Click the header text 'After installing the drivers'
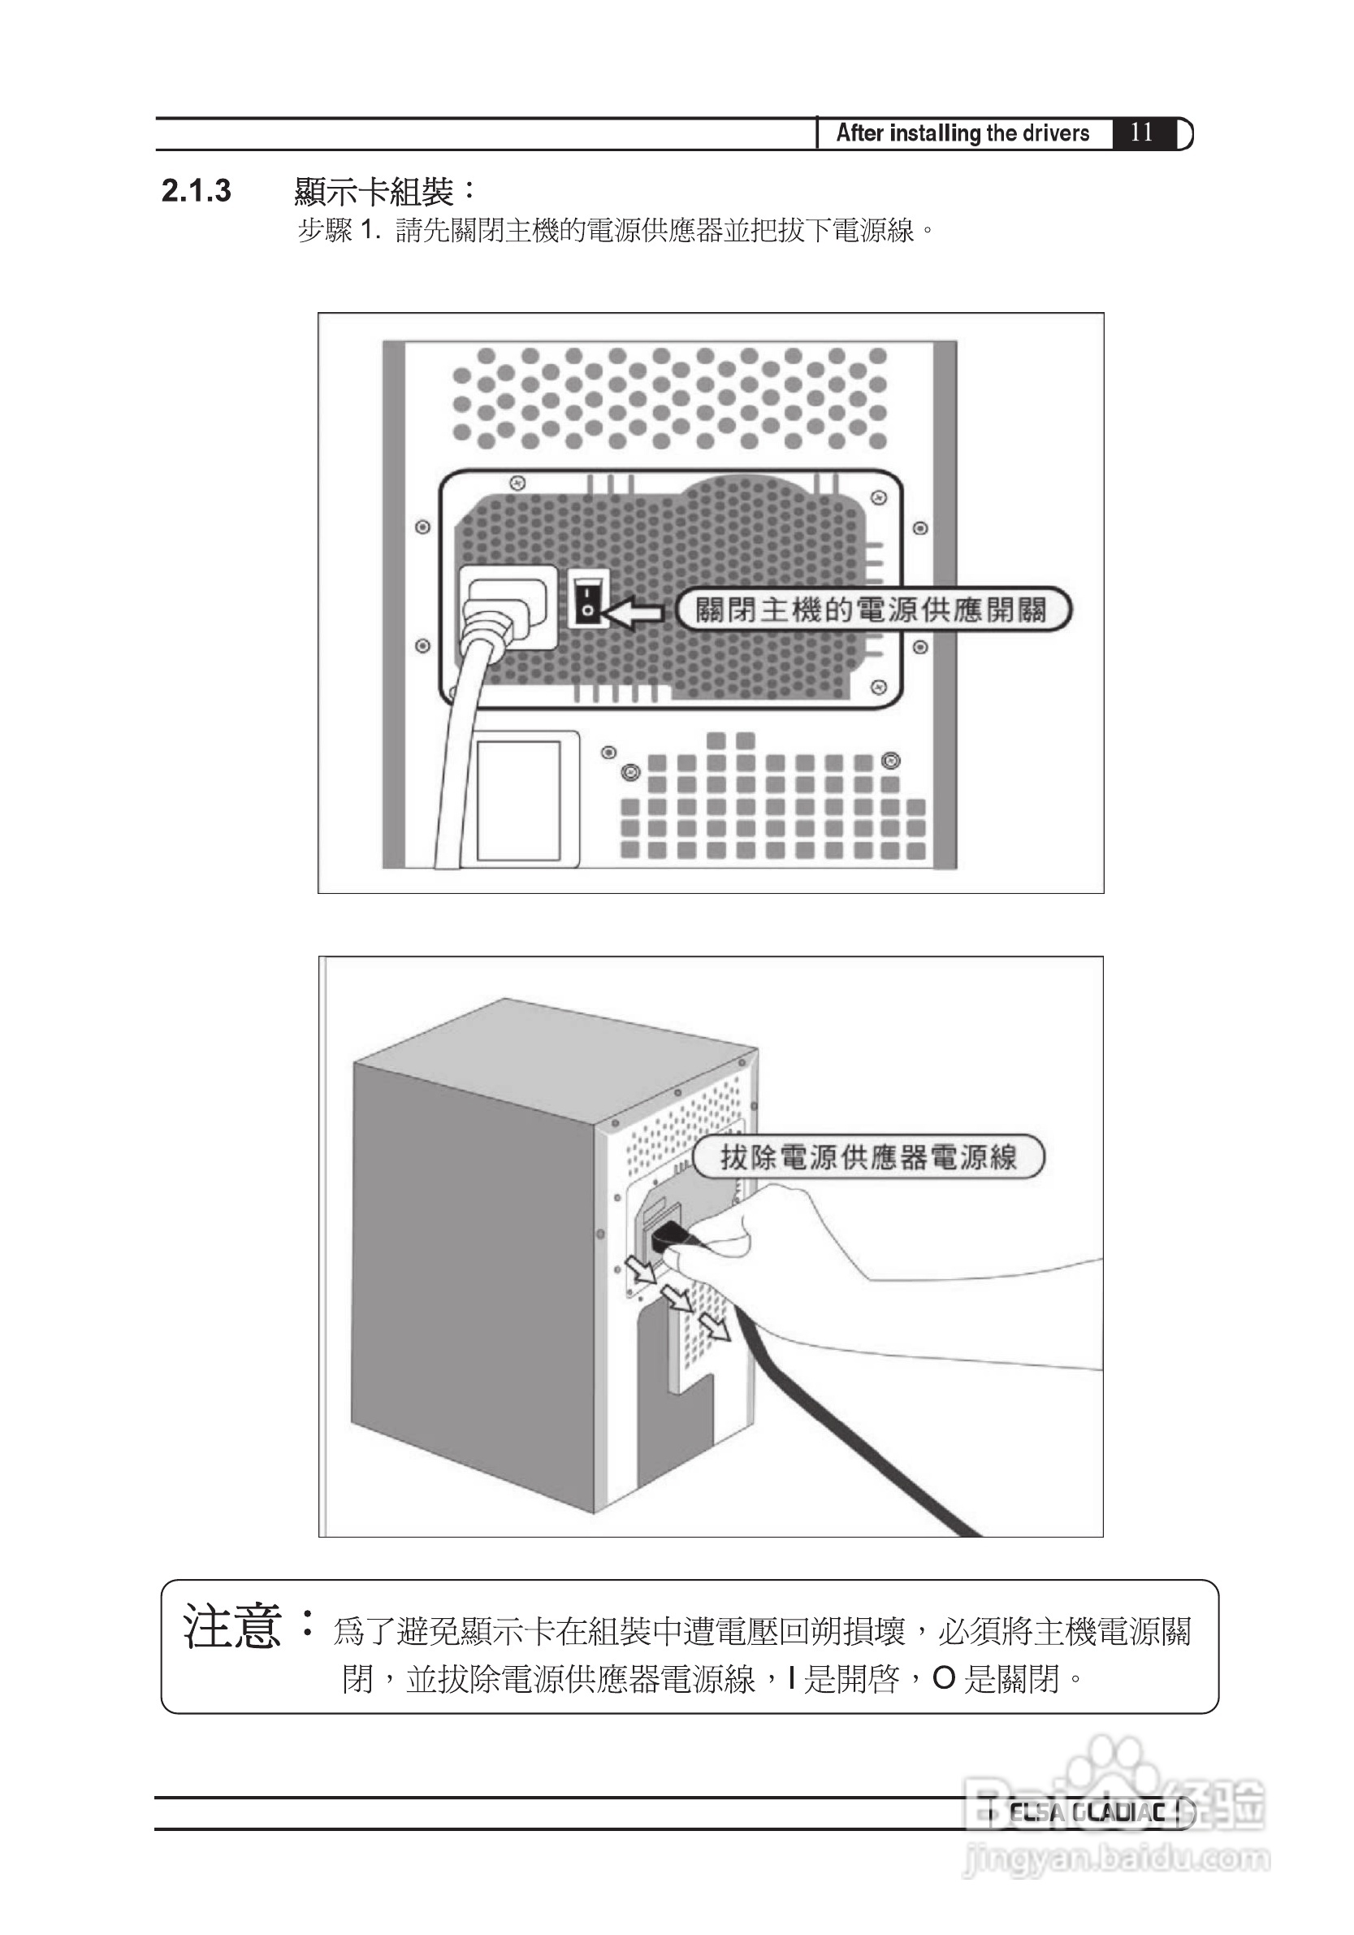click(x=963, y=133)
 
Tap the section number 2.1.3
click(x=196, y=191)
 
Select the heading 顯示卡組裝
click(x=375, y=192)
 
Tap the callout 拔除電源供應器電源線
click(x=867, y=1157)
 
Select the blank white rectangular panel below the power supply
click(x=519, y=799)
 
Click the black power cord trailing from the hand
click(x=851, y=1425)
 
